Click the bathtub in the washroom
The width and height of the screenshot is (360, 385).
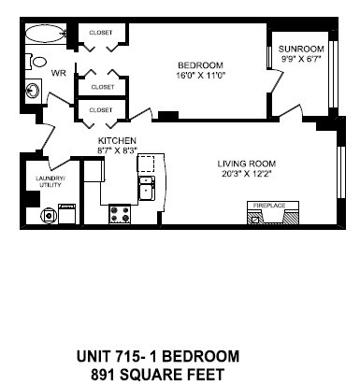[42, 35]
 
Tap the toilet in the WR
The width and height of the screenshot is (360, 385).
[27, 62]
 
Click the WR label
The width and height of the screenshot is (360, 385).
[58, 72]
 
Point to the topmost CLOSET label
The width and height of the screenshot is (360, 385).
[100, 33]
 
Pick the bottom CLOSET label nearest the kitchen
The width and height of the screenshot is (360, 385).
[100, 110]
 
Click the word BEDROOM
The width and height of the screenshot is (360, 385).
[197, 64]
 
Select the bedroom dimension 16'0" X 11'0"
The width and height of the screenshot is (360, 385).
[197, 75]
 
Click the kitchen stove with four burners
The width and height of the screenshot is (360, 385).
[121, 213]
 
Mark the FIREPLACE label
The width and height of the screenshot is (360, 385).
[266, 204]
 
